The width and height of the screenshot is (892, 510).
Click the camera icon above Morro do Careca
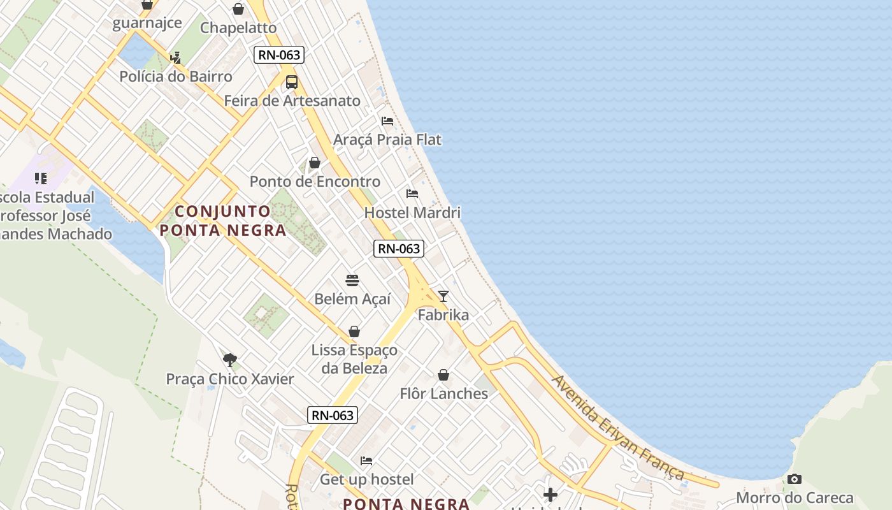click(794, 479)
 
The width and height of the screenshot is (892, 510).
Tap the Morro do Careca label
click(794, 497)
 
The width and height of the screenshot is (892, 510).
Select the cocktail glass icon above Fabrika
click(443, 296)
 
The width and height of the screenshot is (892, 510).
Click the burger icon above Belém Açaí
click(352, 280)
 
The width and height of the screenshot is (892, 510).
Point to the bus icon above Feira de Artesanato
click(291, 82)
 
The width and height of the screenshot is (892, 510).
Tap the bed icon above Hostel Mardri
click(412, 194)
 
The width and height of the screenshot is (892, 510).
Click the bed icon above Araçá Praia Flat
click(387, 121)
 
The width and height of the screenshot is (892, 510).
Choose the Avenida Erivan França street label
click(618, 428)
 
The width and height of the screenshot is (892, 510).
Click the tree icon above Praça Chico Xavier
click(230, 360)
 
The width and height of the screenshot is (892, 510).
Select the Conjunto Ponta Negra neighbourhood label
click(223, 221)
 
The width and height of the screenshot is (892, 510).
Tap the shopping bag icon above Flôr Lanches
click(443, 375)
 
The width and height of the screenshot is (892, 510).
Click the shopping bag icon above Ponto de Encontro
click(314, 163)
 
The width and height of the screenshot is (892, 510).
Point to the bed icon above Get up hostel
click(366, 460)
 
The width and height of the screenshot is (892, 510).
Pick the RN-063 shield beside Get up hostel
click(333, 415)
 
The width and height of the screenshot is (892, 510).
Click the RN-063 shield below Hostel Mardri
click(399, 248)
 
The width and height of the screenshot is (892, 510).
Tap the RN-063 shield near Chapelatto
click(279, 55)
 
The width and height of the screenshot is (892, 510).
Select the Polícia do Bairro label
click(176, 76)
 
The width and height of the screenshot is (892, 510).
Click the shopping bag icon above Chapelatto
click(238, 9)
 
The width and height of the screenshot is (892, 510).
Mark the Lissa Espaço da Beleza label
click(354, 359)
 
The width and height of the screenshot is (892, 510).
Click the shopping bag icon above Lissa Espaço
click(354, 331)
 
